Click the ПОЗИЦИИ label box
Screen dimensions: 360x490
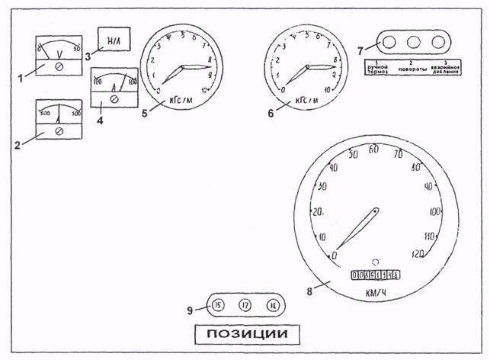[x=245, y=333]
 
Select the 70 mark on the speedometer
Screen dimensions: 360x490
[x=398, y=155]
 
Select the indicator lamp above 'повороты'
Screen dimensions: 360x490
[x=414, y=43]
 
